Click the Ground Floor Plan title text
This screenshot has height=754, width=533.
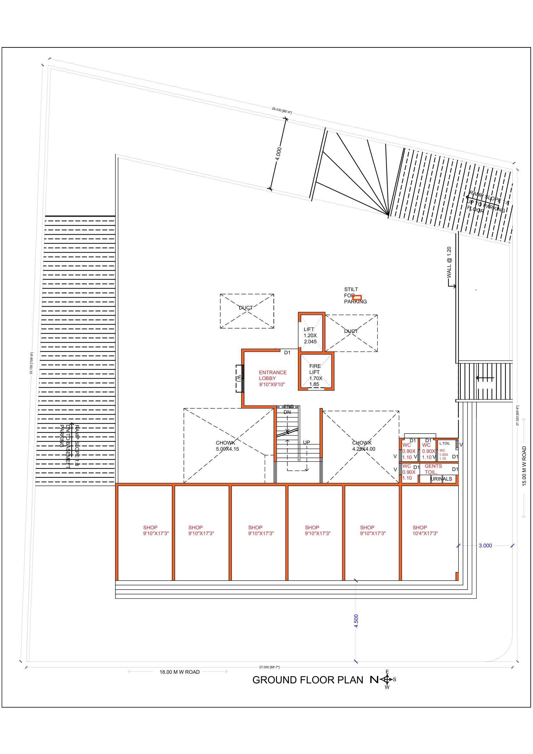(x=307, y=680)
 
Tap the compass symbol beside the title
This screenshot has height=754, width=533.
(x=387, y=679)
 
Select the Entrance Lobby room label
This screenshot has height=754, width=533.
(x=272, y=378)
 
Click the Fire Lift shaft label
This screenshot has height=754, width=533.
(x=315, y=375)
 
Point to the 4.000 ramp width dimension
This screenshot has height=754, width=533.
(x=278, y=154)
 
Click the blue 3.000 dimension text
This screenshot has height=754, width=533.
(x=485, y=545)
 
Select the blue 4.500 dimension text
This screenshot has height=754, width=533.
(x=356, y=621)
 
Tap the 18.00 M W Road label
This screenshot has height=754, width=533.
(x=179, y=672)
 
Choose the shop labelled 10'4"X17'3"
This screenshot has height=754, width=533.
(x=425, y=530)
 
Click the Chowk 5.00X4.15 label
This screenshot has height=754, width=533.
(x=227, y=446)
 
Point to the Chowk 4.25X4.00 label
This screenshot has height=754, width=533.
(x=363, y=446)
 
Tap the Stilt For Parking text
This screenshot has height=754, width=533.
(x=355, y=295)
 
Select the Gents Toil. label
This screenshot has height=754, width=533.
(x=433, y=469)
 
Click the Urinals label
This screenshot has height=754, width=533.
(x=441, y=479)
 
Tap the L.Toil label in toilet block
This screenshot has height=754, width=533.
(x=444, y=443)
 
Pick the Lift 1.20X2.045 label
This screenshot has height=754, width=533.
(x=310, y=335)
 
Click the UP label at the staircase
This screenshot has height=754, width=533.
(x=306, y=442)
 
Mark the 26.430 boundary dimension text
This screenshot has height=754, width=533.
(x=281, y=110)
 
